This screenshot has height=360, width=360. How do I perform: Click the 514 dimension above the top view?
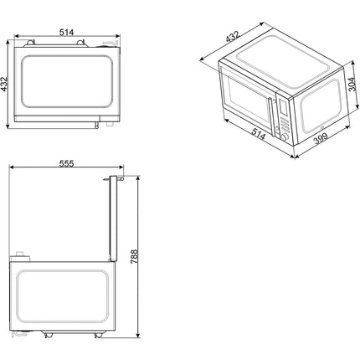point(66,33)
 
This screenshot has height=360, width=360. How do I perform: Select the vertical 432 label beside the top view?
point(4,84)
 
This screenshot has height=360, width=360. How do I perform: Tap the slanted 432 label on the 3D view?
point(233,37)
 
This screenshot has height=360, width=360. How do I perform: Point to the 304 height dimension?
point(352,84)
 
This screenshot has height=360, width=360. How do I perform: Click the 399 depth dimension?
point(321,138)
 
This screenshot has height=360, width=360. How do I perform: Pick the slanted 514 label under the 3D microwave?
point(259,133)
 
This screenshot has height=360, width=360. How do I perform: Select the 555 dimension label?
point(66,163)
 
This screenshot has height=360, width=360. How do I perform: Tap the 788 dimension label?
point(134,256)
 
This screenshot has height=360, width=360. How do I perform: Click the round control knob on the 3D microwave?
point(285,137)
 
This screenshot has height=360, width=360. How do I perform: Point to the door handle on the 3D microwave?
point(271,116)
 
